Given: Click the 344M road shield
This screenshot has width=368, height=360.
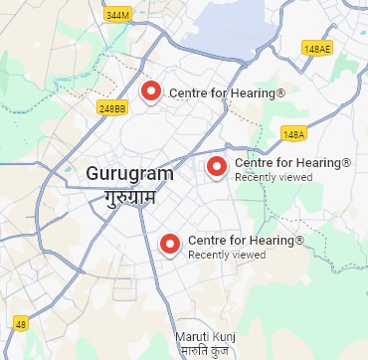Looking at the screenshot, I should [x=116, y=15].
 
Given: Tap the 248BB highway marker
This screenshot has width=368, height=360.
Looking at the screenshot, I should [x=112, y=107].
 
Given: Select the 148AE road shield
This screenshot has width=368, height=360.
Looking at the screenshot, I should [x=317, y=49].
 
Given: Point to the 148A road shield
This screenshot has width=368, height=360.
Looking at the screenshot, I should [x=293, y=133].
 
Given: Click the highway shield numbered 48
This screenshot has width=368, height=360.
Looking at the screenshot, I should [x=21, y=323].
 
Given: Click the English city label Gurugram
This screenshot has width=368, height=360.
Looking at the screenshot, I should [x=129, y=173].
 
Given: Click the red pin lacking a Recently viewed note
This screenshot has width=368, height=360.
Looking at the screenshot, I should [x=151, y=90].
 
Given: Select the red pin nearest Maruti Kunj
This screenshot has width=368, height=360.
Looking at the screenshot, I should [x=170, y=243].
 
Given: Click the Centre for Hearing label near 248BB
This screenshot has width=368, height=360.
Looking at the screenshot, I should [x=227, y=93].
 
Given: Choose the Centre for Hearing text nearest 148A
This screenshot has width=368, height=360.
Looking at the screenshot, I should [x=292, y=162].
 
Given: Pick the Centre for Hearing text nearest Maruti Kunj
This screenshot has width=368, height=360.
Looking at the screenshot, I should [x=246, y=241].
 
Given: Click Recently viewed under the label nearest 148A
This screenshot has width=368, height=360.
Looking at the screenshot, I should [x=274, y=177].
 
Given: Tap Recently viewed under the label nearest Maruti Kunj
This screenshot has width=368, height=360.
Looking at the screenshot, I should [x=227, y=256].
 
